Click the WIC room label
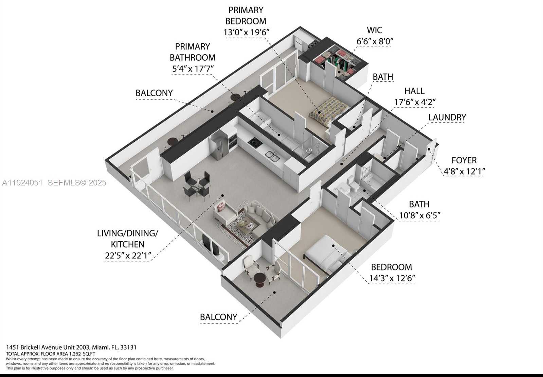coord(375,30)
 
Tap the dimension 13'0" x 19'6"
coord(246,33)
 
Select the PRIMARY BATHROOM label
coord(193,52)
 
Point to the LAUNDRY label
coord(447,117)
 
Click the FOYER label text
coord(464,160)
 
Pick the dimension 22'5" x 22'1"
coord(127,255)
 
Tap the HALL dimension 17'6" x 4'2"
coord(415,102)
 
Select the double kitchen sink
coord(272,156)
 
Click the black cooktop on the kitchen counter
coord(255,143)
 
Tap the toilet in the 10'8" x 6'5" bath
coord(354,186)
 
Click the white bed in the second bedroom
coord(325,252)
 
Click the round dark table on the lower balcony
coord(259,279)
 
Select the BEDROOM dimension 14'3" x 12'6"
coord(392,278)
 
